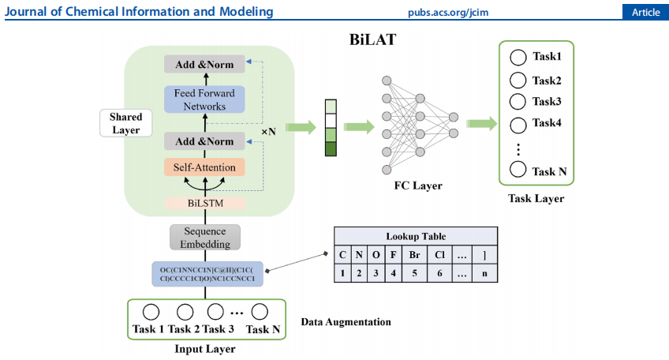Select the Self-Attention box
tap(205, 167)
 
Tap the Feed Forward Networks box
tap(205, 100)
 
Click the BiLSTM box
tap(205, 203)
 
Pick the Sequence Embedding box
tap(205, 238)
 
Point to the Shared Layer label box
tap(125, 122)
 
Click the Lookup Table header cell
tap(416, 236)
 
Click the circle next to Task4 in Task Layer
tap(518, 123)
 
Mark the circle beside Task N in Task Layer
tap(518, 170)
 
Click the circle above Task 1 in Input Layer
tap(150, 312)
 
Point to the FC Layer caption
tap(418, 186)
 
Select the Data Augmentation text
tap(346, 322)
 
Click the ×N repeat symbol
tap(268, 131)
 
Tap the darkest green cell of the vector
tap(330, 148)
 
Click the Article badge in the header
tap(645, 12)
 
